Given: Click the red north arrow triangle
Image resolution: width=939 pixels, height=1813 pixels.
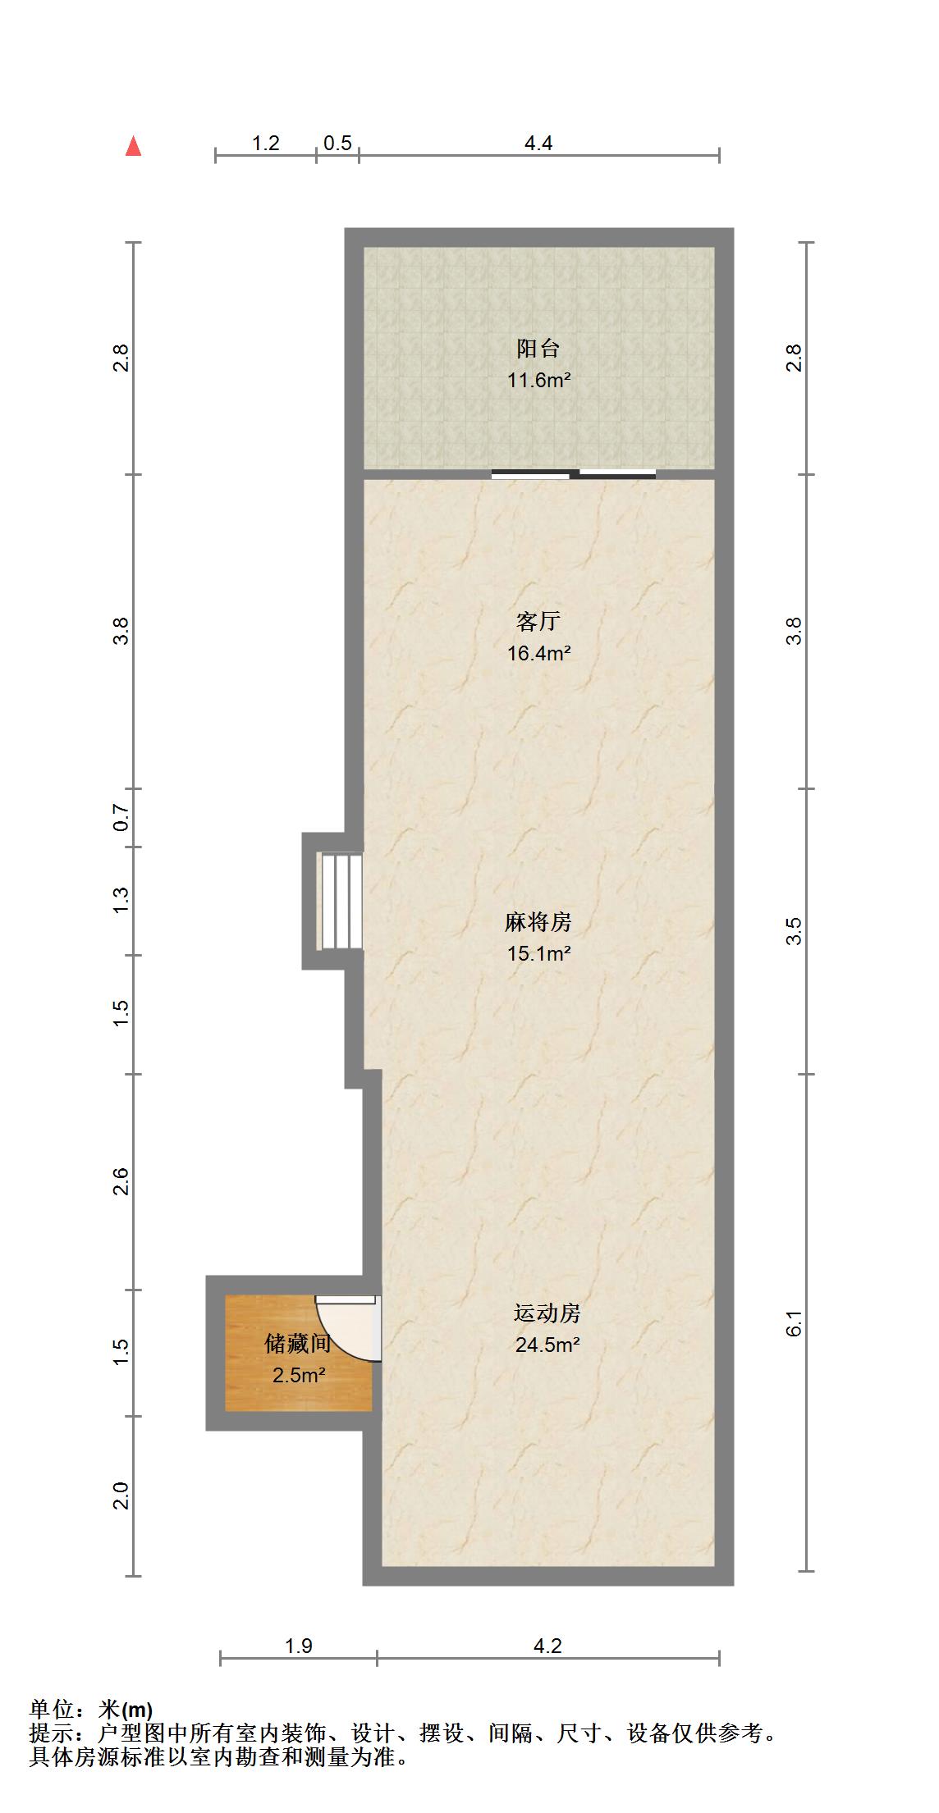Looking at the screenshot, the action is (x=133, y=147).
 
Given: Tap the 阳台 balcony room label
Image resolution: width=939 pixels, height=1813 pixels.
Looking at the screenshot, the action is (x=538, y=349).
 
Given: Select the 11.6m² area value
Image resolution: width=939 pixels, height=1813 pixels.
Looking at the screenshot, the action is (x=538, y=381).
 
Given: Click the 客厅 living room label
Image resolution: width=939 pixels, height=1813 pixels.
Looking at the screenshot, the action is (x=538, y=621).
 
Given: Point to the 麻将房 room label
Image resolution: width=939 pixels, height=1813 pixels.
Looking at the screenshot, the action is (x=538, y=922).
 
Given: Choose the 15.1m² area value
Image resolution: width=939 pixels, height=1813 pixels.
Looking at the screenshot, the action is (x=538, y=954).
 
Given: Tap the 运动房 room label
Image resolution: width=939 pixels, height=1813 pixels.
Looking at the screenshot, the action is (x=547, y=1313).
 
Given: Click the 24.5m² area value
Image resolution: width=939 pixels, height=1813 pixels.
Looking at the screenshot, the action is (x=547, y=1345).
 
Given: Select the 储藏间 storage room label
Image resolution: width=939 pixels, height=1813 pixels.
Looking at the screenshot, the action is (x=298, y=1343).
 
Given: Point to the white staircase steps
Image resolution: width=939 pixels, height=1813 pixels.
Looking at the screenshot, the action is (x=341, y=901).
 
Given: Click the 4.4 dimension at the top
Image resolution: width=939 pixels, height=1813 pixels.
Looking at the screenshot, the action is (x=538, y=144).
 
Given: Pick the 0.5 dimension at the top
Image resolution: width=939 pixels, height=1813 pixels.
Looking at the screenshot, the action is (x=337, y=144).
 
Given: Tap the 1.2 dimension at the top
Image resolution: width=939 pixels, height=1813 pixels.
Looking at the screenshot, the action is (x=265, y=144).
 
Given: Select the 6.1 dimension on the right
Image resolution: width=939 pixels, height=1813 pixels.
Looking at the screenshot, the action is (x=794, y=1323).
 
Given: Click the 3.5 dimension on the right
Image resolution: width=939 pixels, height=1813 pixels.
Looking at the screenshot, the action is (x=794, y=931).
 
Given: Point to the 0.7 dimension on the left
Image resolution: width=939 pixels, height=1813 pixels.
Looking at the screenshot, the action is (x=121, y=818).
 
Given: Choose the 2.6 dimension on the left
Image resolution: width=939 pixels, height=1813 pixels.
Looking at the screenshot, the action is (x=121, y=1181).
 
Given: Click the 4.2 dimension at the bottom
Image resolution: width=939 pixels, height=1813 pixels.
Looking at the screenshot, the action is (x=547, y=1646).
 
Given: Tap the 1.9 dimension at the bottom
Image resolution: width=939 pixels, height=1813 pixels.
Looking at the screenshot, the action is (x=298, y=1646).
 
